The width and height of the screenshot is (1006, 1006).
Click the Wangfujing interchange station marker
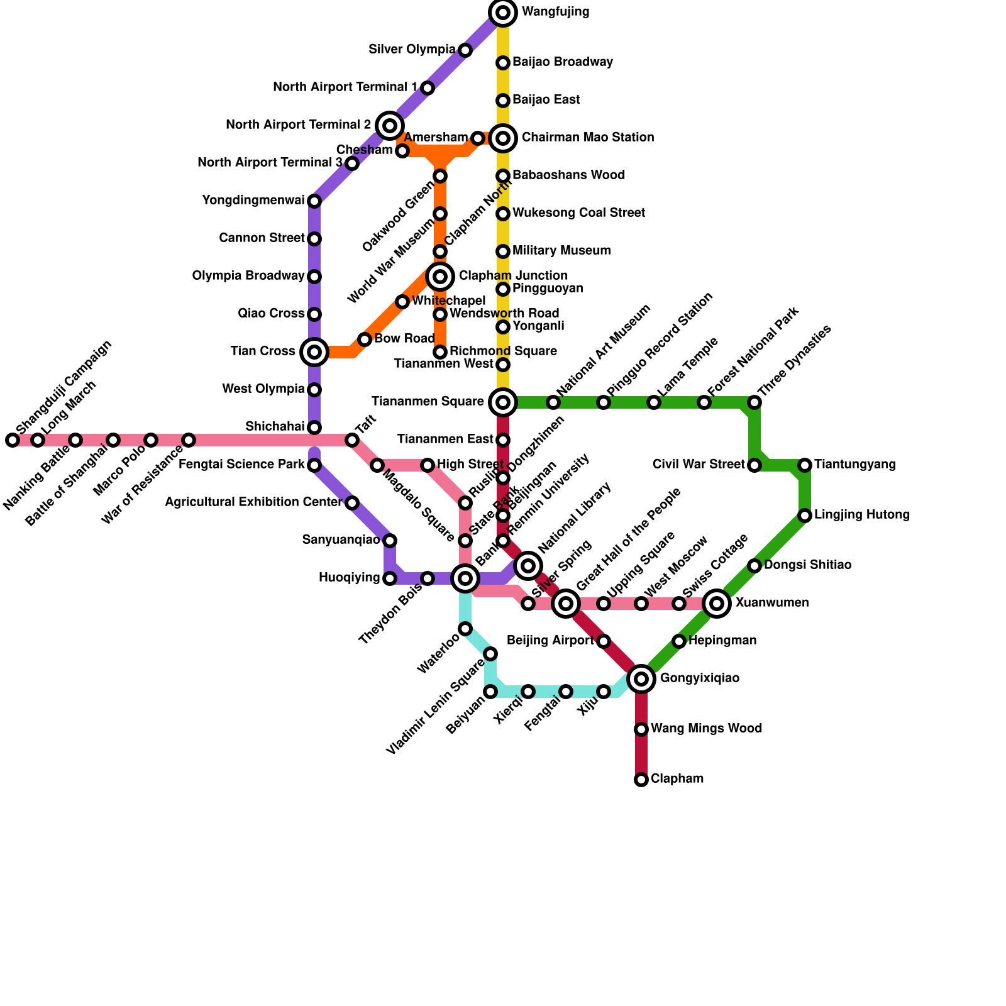503,13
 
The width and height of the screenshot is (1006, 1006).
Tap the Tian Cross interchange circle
314,352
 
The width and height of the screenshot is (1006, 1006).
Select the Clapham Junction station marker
440,276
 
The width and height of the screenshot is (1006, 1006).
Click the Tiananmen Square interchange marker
503,402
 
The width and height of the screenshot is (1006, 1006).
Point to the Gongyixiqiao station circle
641,678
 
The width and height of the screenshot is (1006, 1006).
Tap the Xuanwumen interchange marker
717,604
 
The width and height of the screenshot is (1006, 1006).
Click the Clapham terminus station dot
641,780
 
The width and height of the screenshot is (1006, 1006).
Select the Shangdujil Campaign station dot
13,440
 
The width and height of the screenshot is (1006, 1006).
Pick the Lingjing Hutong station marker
805,516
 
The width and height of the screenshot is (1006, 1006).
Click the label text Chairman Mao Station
587,138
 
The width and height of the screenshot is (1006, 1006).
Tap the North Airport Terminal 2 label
298,125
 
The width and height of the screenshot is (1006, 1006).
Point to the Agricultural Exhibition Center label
253,502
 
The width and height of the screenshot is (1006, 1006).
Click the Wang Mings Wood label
706,729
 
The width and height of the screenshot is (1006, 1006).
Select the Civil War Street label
698,465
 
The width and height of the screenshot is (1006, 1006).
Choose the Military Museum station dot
503,251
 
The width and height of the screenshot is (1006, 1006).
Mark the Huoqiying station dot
390,578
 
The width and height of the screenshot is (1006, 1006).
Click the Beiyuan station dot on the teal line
490,692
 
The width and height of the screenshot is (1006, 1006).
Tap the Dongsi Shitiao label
807,565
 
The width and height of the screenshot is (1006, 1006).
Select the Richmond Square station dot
440,352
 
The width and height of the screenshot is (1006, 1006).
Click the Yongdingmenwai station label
253,201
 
